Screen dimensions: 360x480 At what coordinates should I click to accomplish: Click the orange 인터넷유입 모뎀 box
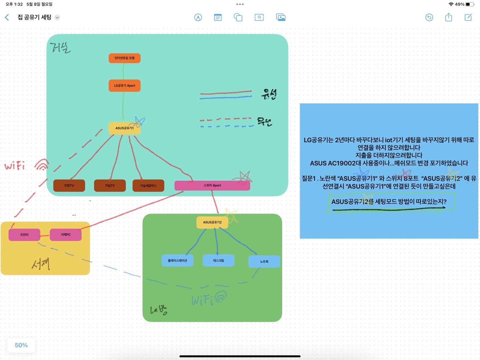(x=124, y=58)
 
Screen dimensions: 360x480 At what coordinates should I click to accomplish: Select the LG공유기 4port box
(x=124, y=85)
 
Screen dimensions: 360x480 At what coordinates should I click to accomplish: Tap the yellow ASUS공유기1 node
(x=124, y=128)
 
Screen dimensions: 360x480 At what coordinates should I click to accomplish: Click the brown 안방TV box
(x=69, y=186)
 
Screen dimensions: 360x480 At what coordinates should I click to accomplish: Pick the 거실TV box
(x=110, y=186)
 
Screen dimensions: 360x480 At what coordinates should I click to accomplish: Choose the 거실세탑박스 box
(x=148, y=186)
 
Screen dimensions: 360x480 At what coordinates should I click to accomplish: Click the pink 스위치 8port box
(x=212, y=186)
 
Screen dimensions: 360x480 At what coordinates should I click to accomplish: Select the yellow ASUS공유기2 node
(x=212, y=222)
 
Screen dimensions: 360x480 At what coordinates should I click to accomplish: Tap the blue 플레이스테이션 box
(x=177, y=261)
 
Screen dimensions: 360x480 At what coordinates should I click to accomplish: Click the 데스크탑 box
(x=218, y=261)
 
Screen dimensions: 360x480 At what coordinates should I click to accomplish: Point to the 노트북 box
(x=264, y=262)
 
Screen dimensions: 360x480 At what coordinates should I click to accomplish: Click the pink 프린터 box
(x=24, y=235)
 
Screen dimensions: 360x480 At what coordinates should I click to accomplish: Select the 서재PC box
(x=65, y=235)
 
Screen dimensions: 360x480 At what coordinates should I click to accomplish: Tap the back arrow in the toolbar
(x=7, y=17)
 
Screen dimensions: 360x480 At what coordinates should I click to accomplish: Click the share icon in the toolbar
(x=448, y=17)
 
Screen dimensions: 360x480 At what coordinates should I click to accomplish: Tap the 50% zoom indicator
(x=21, y=345)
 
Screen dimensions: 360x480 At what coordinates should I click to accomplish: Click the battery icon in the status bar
(x=469, y=4)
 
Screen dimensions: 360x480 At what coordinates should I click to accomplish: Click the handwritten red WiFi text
(x=15, y=166)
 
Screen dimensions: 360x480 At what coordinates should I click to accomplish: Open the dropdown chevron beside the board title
(x=57, y=17)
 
